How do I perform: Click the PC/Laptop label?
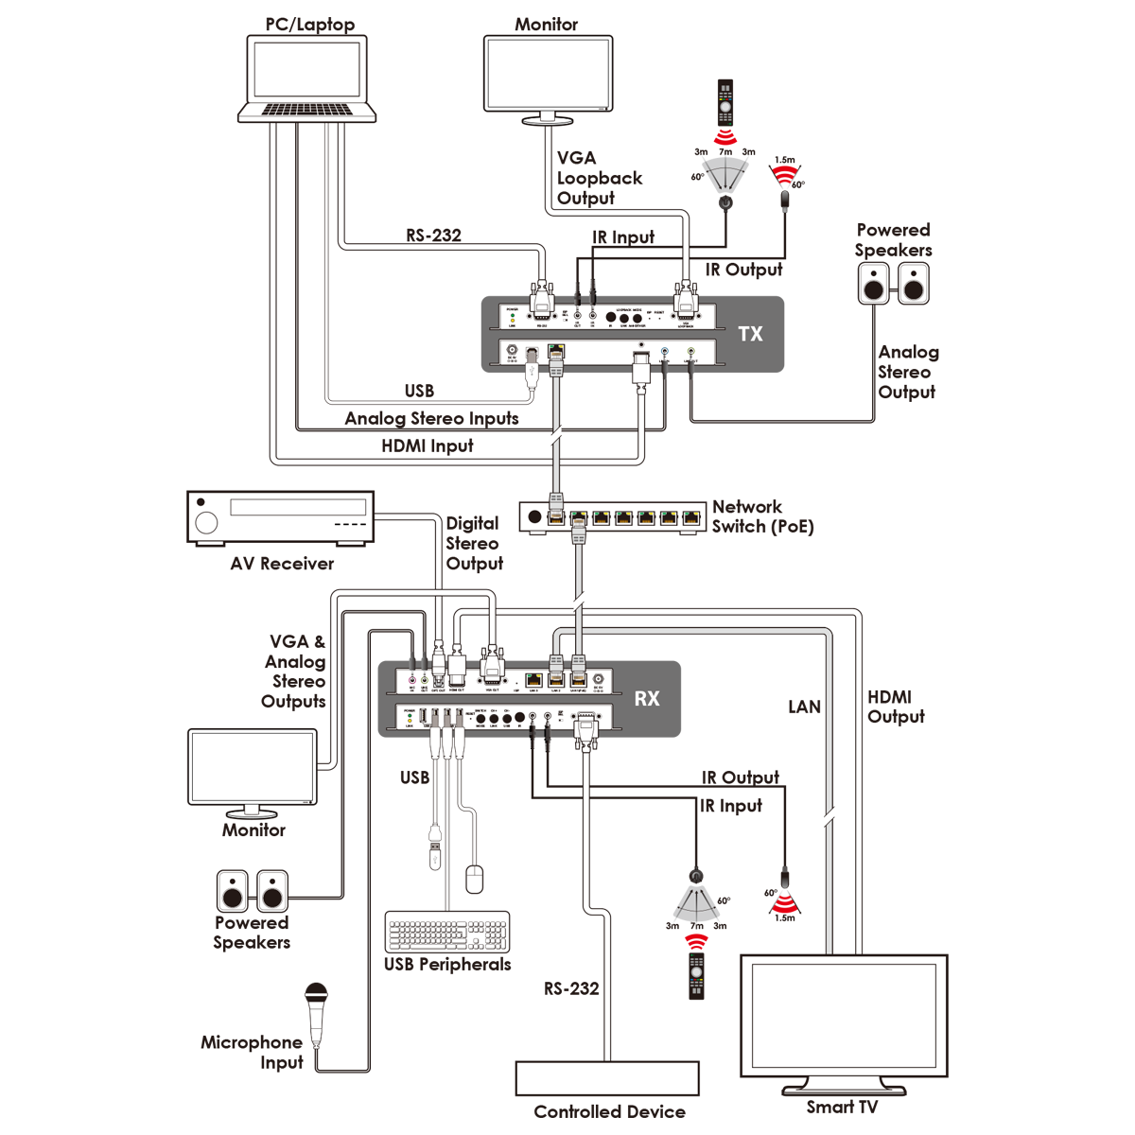coord(309,25)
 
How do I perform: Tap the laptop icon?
coord(306,79)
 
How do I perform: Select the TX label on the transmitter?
coord(750,334)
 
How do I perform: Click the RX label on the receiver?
coord(647,699)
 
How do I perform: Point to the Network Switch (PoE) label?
coord(761,516)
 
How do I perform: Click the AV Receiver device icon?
coord(281,516)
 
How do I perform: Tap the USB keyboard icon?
coord(447,933)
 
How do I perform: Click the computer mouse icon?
coord(475,879)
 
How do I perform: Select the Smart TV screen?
coord(843,1015)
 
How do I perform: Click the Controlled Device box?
coord(607,1078)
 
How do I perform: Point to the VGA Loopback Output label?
coord(599,178)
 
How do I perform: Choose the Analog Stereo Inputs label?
coord(431,418)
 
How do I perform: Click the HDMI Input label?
coord(427,445)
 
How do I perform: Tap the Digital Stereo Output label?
coord(474,543)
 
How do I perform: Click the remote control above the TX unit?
coord(725,102)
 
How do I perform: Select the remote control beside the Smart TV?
coord(696,976)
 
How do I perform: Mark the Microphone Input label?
coord(252,1052)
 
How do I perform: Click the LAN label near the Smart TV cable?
coord(804,707)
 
